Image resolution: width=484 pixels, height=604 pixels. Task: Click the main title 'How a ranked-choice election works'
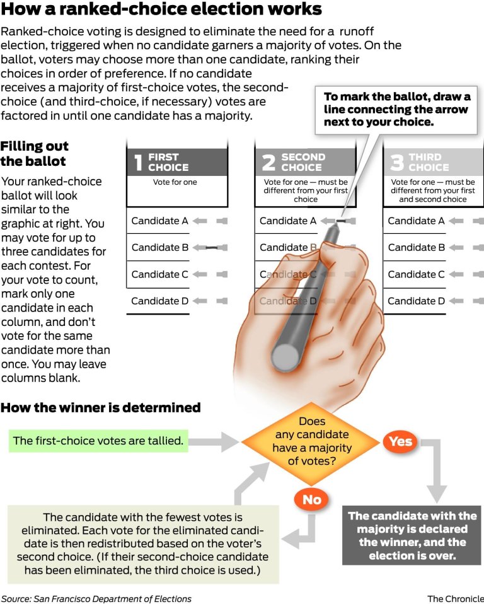[x=161, y=10]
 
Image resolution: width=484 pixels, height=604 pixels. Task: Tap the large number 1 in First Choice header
[x=138, y=162]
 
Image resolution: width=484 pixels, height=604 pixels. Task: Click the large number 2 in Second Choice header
[x=268, y=162]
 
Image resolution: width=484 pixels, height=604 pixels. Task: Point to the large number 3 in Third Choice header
[x=396, y=162]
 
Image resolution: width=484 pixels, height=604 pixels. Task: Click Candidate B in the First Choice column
[x=159, y=248]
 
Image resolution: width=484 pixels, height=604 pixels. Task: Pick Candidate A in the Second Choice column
[x=287, y=221]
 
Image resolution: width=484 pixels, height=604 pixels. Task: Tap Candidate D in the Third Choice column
[x=416, y=301]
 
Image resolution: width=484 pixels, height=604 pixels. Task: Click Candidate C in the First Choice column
[x=159, y=274]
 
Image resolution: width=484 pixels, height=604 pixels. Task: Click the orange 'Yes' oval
[x=400, y=441]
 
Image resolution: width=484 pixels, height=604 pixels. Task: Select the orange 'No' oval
[x=312, y=500]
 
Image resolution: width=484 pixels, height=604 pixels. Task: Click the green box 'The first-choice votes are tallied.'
[x=98, y=441]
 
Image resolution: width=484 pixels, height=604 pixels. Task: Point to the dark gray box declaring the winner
[x=412, y=535]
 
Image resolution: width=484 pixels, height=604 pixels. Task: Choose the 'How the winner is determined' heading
[x=100, y=408]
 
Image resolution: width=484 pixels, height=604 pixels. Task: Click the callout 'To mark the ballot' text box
[x=396, y=109]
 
